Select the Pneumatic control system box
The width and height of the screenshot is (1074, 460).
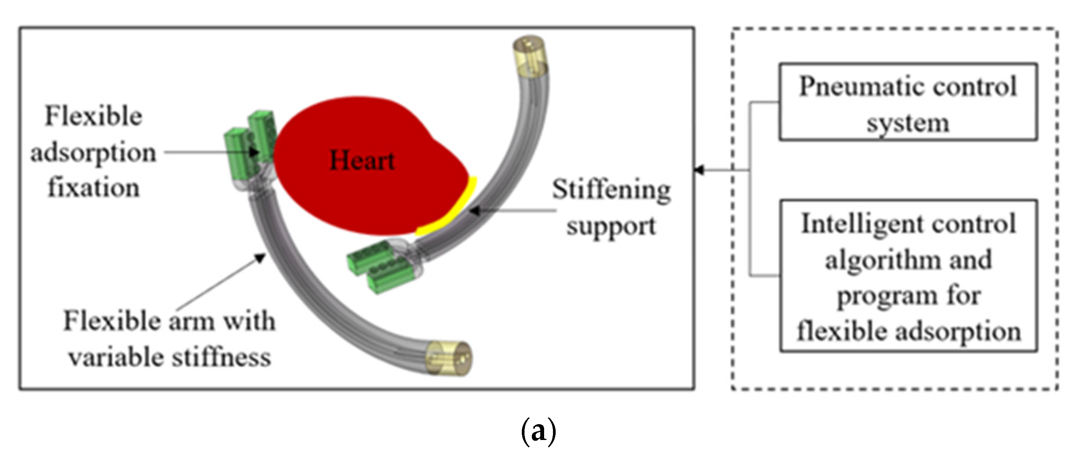tap(907, 102)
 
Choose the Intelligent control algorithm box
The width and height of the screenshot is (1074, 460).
tap(908, 276)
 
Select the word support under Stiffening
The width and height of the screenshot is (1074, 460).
tap(611, 227)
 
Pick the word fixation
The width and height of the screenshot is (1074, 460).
tap(93, 188)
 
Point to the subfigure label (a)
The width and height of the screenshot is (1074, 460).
tap(538, 432)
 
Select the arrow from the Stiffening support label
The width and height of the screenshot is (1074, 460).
tap(513, 211)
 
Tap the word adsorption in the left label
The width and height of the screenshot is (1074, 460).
tap(93, 153)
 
